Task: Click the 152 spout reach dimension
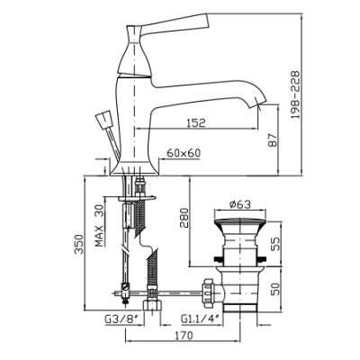tap(196, 122)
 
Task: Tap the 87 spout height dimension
tap(273, 140)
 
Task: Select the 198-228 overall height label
tap(295, 94)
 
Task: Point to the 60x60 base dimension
tap(184, 153)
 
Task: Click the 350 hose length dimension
tap(79, 244)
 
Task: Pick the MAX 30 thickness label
tap(99, 226)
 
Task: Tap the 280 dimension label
tap(184, 218)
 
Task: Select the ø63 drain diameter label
tap(239, 204)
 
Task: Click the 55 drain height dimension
tap(275, 244)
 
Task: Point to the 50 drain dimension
tap(275, 288)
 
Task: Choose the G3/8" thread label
tap(123, 319)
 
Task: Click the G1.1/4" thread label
tap(201, 319)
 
